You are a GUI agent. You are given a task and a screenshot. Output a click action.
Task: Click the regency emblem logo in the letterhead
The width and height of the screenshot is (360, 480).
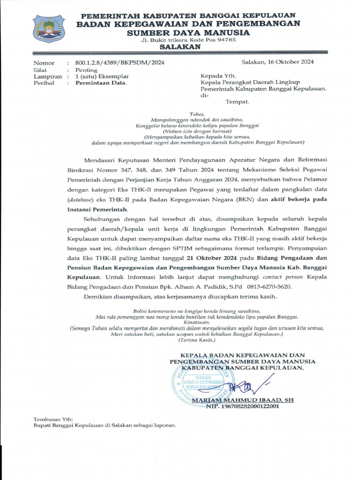pyautogui.click(x=49, y=29)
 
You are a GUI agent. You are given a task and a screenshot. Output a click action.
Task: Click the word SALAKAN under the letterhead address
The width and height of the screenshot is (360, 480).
pyautogui.click(x=180, y=47)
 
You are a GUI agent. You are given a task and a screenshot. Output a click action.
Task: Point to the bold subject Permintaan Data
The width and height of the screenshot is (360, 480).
pyautogui.click(x=101, y=83)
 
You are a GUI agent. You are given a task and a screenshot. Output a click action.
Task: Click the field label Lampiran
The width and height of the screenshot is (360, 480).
pyautogui.click(x=47, y=76)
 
